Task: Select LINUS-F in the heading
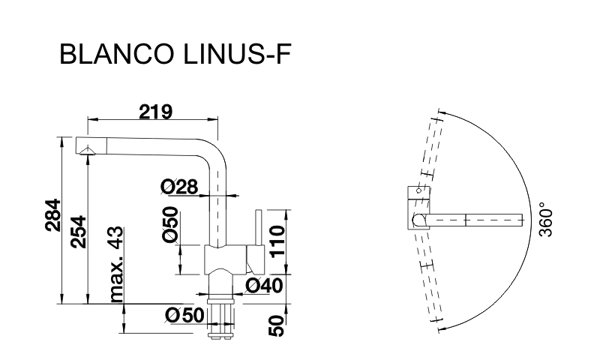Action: [237, 54]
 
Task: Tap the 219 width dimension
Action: [155, 112]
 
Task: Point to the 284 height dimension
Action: [52, 215]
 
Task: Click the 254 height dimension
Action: [79, 232]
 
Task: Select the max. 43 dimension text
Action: [117, 264]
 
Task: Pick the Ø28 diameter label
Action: [179, 187]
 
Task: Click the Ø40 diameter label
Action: [264, 286]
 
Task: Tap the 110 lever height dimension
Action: [277, 241]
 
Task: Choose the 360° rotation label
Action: [546, 222]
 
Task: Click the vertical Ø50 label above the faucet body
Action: [171, 224]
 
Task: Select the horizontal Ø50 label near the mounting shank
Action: [184, 316]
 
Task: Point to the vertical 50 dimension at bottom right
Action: [277, 326]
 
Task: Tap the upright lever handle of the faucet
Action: [258, 228]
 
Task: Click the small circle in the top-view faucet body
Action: [418, 190]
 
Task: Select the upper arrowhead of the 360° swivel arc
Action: [441, 112]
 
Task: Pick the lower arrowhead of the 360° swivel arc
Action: [442, 328]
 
